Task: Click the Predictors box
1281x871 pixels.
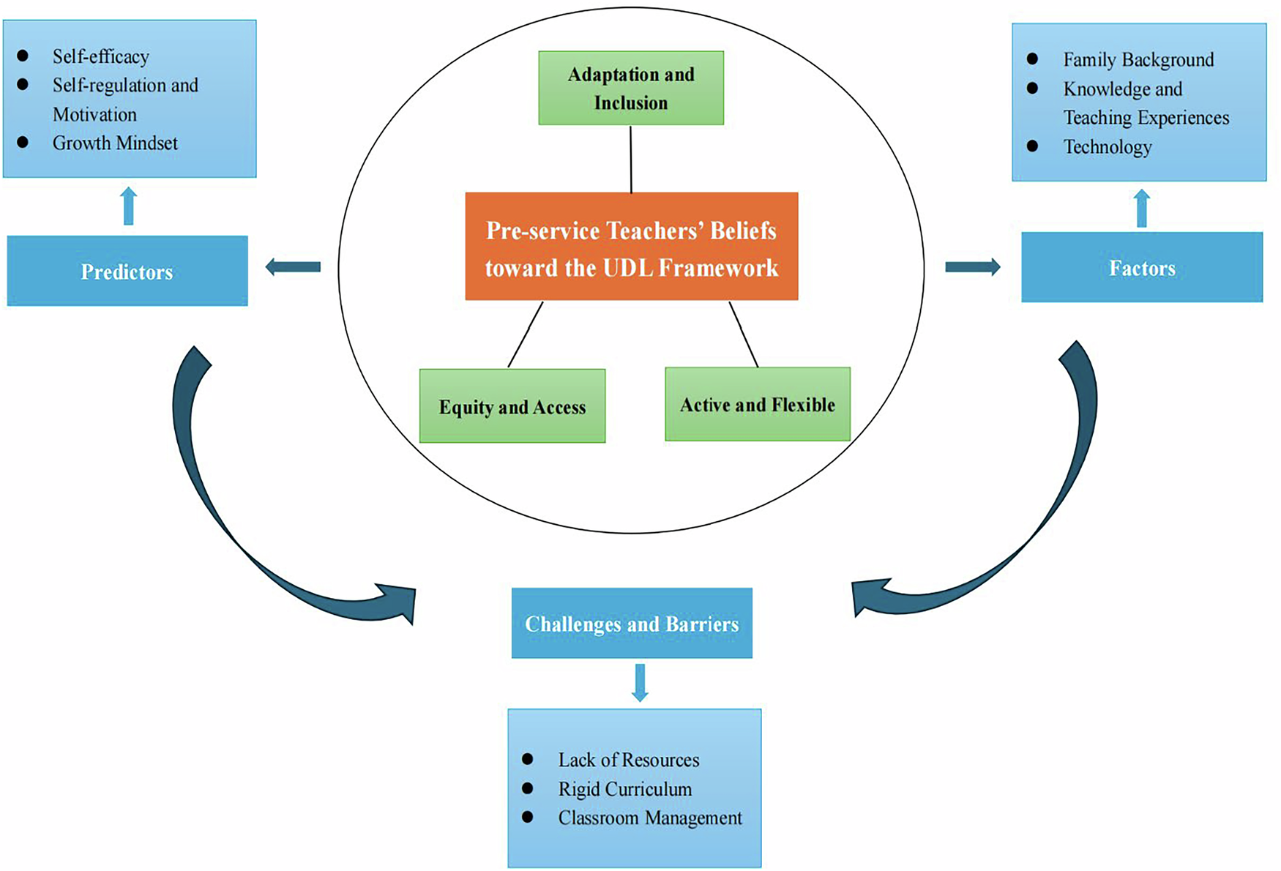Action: pyautogui.click(x=127, y=271)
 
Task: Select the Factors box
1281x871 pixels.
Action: pyautogui.click(x=1141, y=268)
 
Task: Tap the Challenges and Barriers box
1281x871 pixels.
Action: pyautogui.click(x=632, y=624)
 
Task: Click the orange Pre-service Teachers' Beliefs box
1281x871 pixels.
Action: pyautogui.click(x=631, y=247)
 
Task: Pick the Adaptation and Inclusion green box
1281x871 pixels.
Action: pyautogui.click(x=631, y=89)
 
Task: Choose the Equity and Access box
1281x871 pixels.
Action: pyautogui.click(x=512, y=406)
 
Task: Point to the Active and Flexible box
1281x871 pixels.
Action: pyautogui.click(x=758, y=405)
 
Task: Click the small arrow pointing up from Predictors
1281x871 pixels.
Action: pyautogui.click(x=129, y=206)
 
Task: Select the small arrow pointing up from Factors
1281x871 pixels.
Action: pyautogui.click(x=1141, y=209)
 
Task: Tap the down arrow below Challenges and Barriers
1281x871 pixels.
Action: pyautogui.click(x=640, y=683)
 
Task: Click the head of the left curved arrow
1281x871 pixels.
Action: pyautogui.click(x=399, y=602)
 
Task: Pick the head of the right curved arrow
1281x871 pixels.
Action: pyautogui.click(x=870, y=597)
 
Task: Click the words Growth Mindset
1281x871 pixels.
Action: pyautogui.click(x=115, y=143)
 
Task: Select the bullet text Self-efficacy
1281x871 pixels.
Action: pyautogui.click(x=101, y=56)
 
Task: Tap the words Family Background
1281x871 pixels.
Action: pyautogui.click(x=1138, y=59)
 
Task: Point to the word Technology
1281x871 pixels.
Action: pyautogui.click(x=1108, y=147)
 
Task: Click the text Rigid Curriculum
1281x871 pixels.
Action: pyautogui.click(x=624, y=789)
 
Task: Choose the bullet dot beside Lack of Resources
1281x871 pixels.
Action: pyautogui.click(x=528, y=759)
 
